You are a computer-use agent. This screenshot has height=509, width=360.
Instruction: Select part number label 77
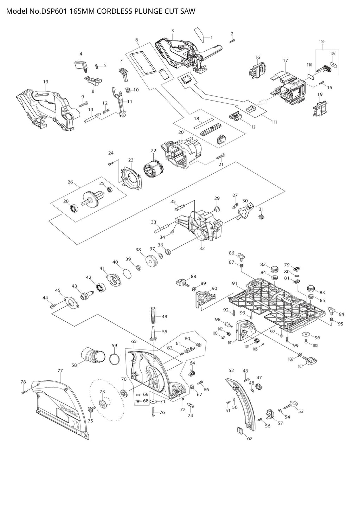[60, 371]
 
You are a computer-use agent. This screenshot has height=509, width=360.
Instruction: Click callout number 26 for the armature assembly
[70, 182]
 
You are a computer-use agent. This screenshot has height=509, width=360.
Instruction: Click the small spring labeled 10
[128, 90]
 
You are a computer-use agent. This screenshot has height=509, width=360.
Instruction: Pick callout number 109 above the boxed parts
[322, 42]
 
